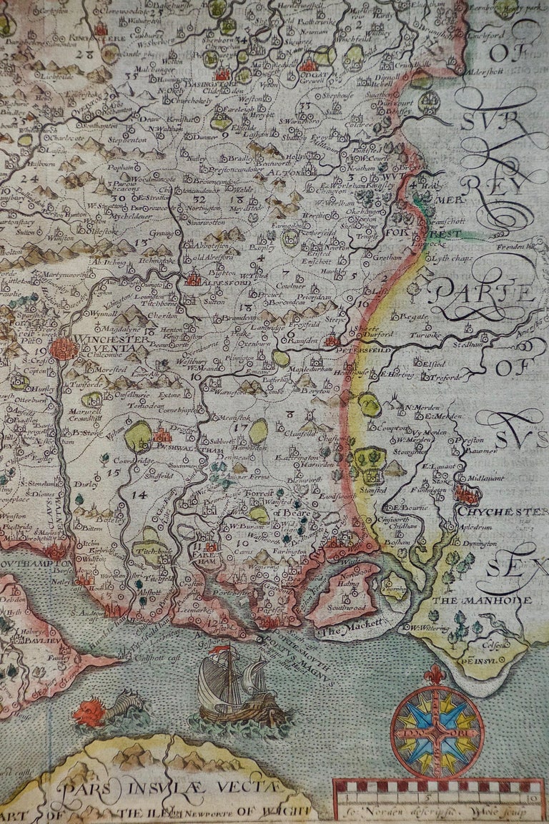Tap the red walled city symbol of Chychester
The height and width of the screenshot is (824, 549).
pyautogui.click(x=468, y=494)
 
